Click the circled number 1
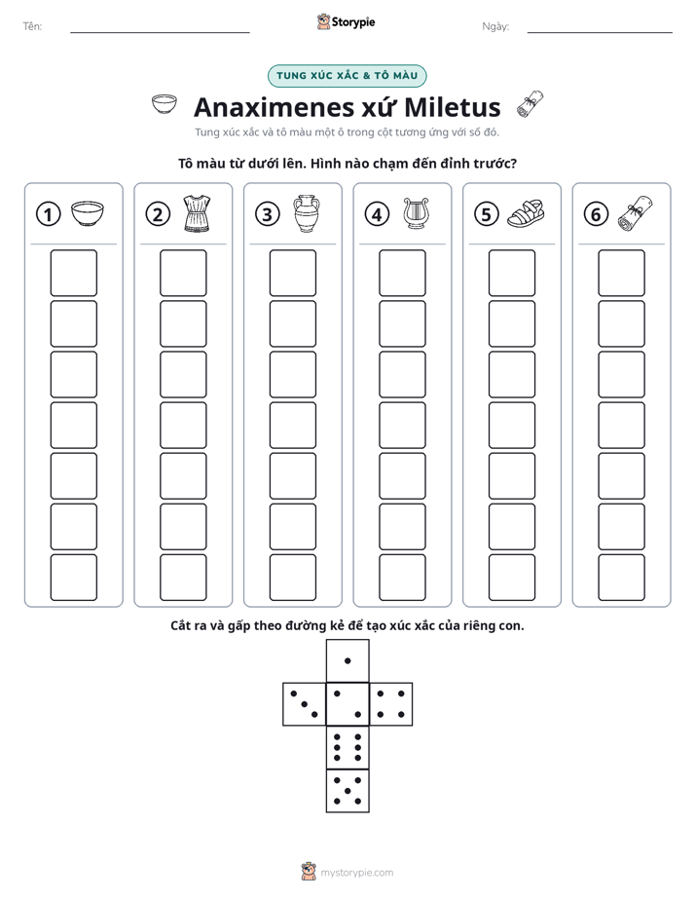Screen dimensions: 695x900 coord(48,214)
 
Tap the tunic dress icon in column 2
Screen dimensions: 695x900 coord(196,213)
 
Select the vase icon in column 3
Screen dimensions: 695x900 coord(307,213)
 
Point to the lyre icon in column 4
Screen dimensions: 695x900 coord(416,213)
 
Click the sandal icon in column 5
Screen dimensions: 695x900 coord(526,213)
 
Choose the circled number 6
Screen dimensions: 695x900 coord(597,214)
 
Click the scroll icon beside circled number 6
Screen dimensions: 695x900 coord(636,213)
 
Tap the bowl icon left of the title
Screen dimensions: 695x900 coord(164,104)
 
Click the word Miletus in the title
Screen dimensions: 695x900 coord(453,107)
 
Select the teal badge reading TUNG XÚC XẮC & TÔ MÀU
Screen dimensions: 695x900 coord(347,76)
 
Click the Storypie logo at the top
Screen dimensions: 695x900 coord(347,22)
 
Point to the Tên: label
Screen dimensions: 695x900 coord(32,26)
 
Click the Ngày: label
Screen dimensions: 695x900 coord(495,26)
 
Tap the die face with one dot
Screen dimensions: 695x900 coord(347,660)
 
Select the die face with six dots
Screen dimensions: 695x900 coord(347,747)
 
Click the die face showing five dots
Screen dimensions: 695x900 coord(347,791)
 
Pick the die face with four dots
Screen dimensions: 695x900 coord(391,704)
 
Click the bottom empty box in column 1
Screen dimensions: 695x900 coord(73,578)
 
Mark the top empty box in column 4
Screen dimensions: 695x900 coord(402,273)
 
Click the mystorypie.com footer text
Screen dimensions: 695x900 coord(356,873)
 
